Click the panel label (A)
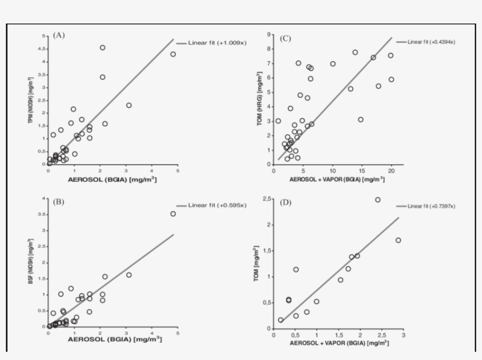tap(58, 35)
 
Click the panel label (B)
tap(58, 202)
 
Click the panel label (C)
tap(286, 39)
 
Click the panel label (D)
tap(286, 203)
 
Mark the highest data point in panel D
tap(377, 200)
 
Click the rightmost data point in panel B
tap(173, 214)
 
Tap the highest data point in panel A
tap(102, 48)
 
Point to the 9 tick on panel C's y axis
tap(268, 35)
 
